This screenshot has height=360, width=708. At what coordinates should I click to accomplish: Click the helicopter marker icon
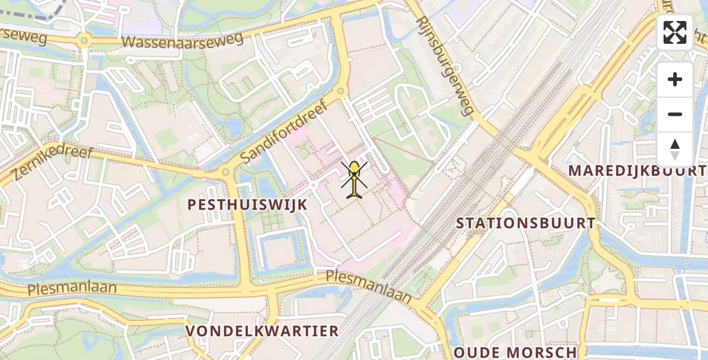tap(355, 179)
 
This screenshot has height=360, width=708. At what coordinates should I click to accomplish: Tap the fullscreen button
tap(675, 32)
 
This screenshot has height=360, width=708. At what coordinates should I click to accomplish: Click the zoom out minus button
tap(675, 114)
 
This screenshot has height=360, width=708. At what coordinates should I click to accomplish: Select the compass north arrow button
tap(675, 149)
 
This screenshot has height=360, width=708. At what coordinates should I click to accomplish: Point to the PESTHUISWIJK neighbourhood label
tap(247, 205)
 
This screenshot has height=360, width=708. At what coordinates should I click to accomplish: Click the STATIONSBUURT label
tap(526, 223)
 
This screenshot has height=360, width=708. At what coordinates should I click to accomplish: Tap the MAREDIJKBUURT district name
tap(637, 170)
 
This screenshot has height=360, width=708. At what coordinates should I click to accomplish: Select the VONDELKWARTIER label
tap(262, 331)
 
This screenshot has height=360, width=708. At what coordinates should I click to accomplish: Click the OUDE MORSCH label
tap(515, 352)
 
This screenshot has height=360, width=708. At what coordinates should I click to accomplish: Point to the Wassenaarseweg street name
tap(182, 40)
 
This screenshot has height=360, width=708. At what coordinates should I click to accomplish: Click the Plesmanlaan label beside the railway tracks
tap(368, 286)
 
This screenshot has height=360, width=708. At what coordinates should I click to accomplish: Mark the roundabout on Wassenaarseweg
tap(83, 41)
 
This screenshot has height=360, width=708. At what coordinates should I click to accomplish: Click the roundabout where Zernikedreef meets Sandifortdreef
tap(226, 172)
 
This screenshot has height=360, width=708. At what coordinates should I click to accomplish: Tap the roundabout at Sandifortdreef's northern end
tap(341, 92)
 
